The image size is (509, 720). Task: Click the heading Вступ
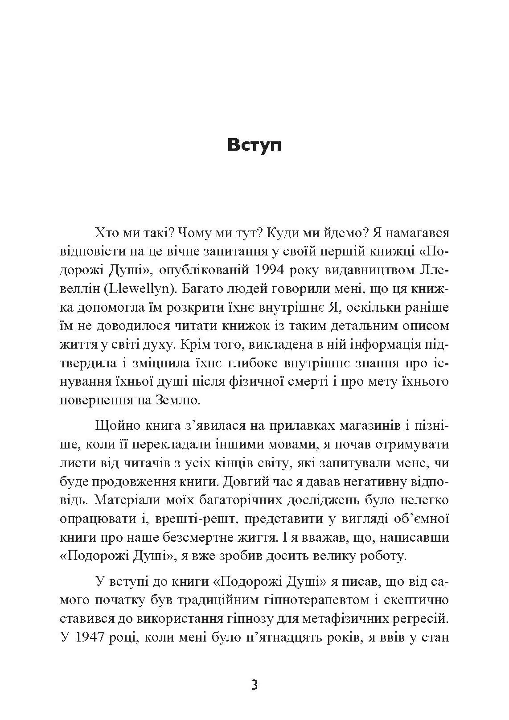click(254, 145)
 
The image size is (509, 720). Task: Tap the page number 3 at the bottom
click(254, 684)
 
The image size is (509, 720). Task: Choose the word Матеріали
click(126, 500)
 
